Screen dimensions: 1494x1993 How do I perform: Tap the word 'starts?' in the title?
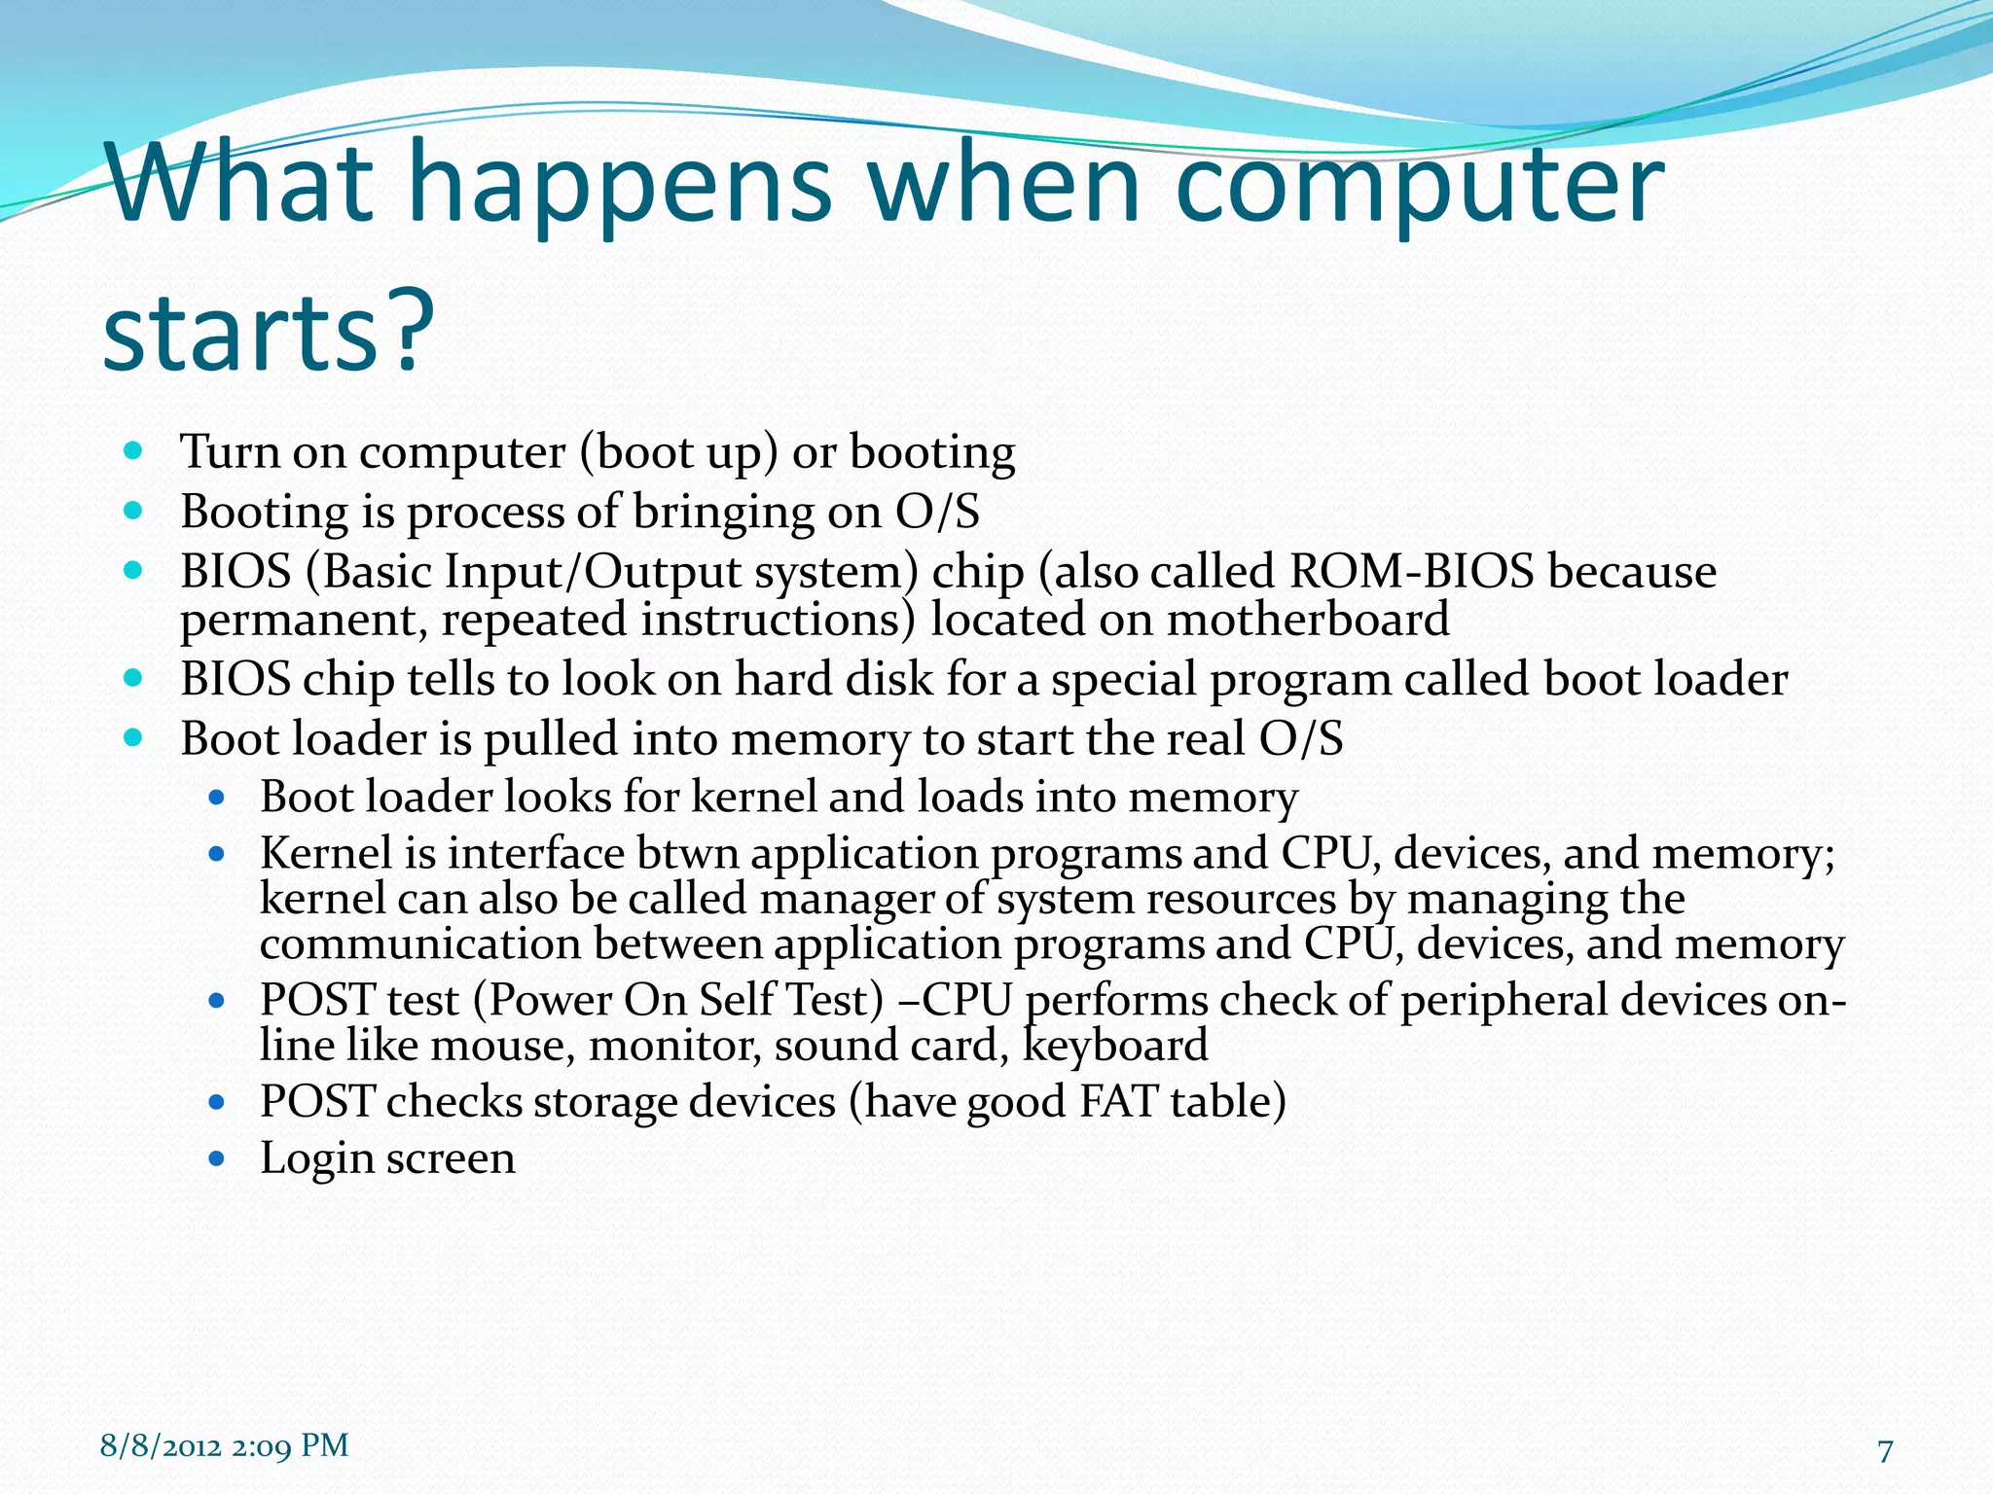(268, 331)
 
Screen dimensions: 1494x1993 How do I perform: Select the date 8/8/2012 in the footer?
(162, 1446)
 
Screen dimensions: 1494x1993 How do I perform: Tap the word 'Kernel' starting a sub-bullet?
(325, 854)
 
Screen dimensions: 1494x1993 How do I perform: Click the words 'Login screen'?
(387, 1158)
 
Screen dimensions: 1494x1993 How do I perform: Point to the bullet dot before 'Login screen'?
(217, 1159)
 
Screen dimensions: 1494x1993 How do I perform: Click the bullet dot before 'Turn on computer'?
(134, 451)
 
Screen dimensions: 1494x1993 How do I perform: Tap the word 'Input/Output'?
(593, 572)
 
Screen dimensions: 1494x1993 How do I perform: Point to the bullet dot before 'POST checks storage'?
(217, 1103)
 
